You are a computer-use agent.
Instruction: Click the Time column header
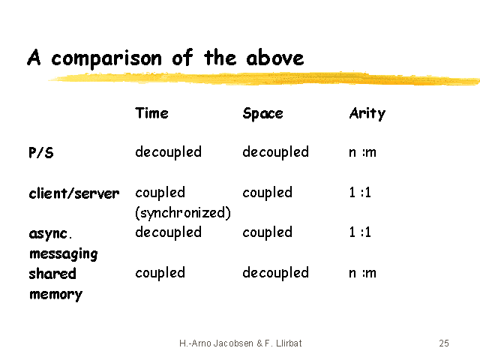pos(151,113)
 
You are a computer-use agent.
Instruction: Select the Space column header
pos(262,114)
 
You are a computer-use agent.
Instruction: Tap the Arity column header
pos(367,114)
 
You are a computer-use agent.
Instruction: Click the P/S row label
pos(41,152)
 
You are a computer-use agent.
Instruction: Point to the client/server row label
pos(74,193)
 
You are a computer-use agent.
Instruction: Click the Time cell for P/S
pos(168,152)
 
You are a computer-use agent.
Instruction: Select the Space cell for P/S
pos(275,152)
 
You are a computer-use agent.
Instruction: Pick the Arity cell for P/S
pos(362,152)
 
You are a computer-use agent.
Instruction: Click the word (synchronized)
pos(183,213)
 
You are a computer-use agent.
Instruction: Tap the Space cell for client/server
pos(267,193)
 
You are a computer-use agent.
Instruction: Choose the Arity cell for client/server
pos(360,193)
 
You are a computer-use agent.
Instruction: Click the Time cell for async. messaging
pos(168,232)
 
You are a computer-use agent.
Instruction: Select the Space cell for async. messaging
pos(267,232)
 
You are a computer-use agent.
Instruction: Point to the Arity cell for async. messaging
pos(360,232)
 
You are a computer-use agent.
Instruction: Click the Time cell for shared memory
pos(160,273)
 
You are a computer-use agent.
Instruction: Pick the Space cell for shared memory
pos(275,273)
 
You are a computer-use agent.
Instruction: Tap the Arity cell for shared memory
pos(362,273)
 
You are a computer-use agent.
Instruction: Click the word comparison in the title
pos(106,58)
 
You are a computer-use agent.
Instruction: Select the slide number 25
pos(444,343)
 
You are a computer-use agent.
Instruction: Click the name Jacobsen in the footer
pos(233,343)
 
